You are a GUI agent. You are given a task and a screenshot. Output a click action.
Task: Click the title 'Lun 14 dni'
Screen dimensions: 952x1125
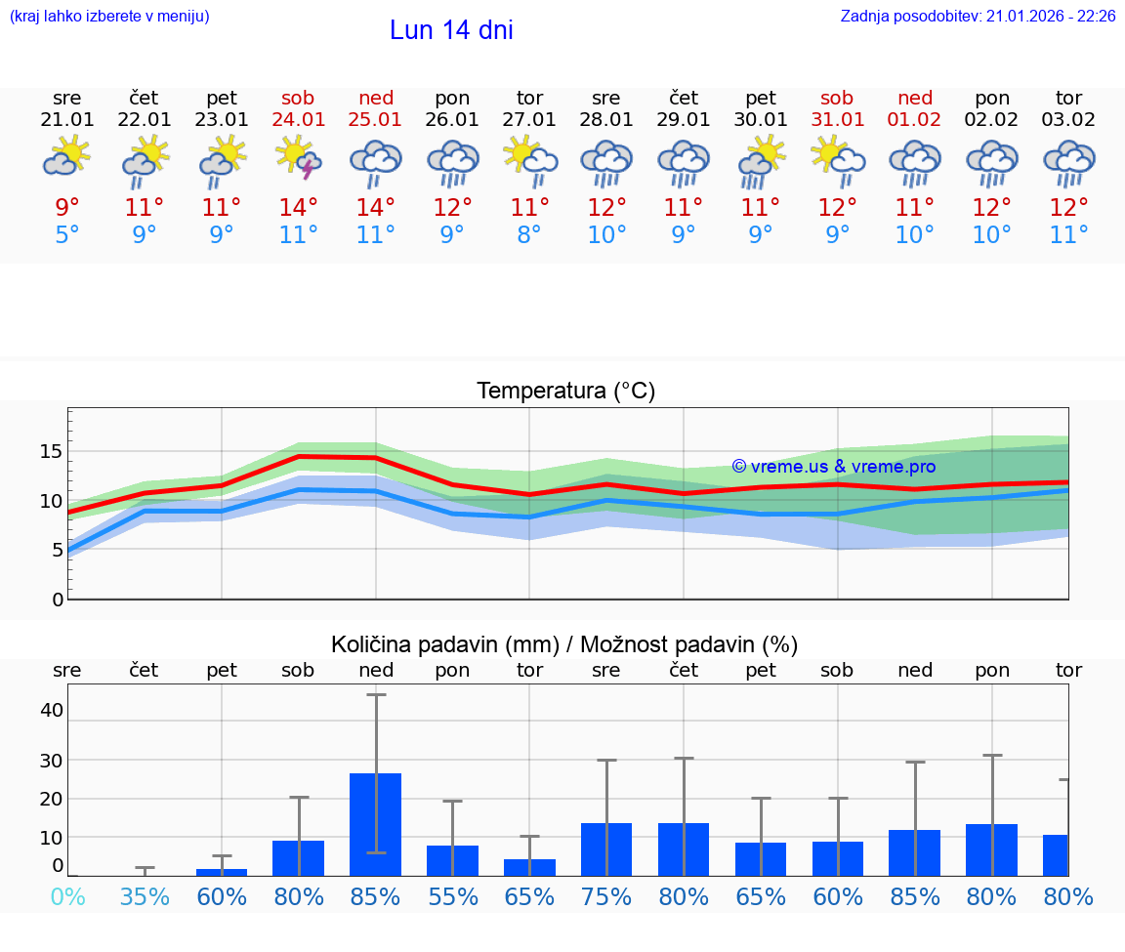[x=451, y=30]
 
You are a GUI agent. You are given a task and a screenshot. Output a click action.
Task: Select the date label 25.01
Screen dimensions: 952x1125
[x=376, y=119]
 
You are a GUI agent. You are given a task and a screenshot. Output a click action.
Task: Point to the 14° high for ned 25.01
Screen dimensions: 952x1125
[x=376, y=207]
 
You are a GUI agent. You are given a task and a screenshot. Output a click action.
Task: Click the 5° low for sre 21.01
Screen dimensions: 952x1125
[x=67, y=234]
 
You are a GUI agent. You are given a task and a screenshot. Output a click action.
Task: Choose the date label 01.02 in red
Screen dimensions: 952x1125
[x=915, y=119]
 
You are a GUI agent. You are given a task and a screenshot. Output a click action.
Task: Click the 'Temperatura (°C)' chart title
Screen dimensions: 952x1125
[x=565, y=391]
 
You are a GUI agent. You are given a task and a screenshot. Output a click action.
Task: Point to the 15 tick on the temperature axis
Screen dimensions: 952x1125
[x=51, y=451]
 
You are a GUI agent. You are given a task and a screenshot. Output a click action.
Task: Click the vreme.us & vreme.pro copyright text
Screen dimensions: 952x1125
[x=834, y=466]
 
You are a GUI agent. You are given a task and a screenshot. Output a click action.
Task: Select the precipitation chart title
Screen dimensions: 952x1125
[x=564, y=644]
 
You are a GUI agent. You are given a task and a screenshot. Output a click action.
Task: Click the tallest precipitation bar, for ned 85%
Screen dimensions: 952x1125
[x=376, y=824]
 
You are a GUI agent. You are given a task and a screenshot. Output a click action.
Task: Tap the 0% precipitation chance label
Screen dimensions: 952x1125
[x=67, y=896]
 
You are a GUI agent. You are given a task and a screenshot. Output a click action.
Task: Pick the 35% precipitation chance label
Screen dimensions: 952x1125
[x=145, y=896]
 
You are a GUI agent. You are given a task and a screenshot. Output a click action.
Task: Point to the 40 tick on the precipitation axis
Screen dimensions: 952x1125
[x=51, y=710]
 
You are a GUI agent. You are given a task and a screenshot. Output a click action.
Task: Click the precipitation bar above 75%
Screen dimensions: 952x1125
[x=606, y=849]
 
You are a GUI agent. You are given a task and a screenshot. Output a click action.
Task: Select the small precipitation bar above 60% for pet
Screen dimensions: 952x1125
[x=222, y=872]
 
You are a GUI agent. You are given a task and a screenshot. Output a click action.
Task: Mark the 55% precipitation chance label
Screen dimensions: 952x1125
[x=453, y=896]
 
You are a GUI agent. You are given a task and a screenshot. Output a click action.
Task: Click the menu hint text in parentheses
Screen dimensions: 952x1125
[x=109, y=17]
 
